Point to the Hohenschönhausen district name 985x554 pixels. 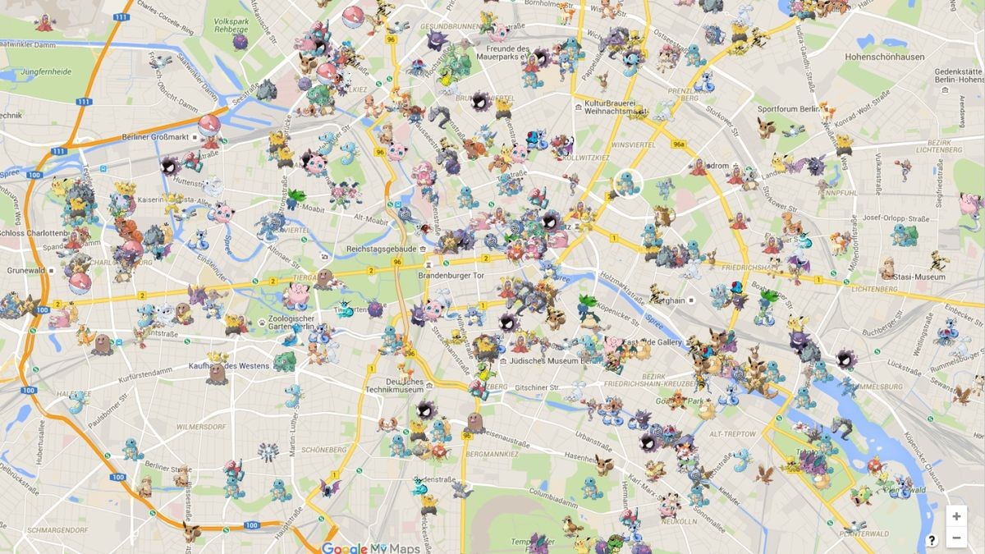885,57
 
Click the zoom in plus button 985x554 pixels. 956,516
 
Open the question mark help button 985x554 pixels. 932,540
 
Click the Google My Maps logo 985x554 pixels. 371,548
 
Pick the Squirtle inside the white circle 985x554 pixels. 628,182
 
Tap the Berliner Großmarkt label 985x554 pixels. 156,137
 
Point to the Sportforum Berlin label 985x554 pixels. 788,109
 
